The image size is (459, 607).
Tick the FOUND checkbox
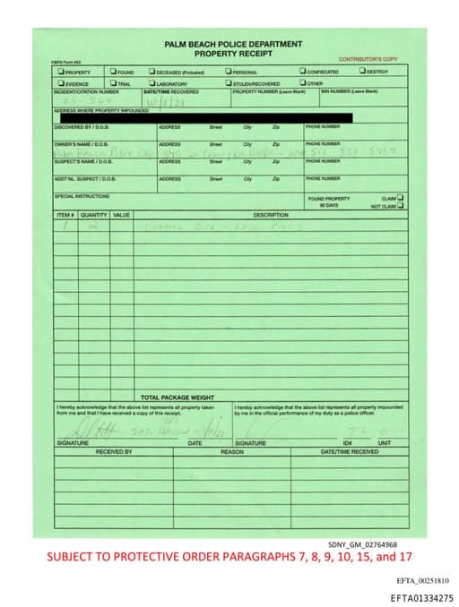114,72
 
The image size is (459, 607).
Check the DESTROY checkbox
363,71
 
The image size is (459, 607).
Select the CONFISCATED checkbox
303,72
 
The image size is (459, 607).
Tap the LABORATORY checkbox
152,83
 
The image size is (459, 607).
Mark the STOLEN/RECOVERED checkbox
229,83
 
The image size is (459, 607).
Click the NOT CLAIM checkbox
400,205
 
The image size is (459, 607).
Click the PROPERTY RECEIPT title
233,53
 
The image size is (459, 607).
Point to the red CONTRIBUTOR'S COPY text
368,59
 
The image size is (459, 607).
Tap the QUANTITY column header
94,215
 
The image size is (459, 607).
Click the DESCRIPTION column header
271,215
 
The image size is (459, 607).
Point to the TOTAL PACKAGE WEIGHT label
178,397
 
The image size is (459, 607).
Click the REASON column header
232,452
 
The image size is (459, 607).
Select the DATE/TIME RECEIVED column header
350,452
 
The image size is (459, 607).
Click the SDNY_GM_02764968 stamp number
362,544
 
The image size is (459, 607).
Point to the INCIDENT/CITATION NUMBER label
86,91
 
